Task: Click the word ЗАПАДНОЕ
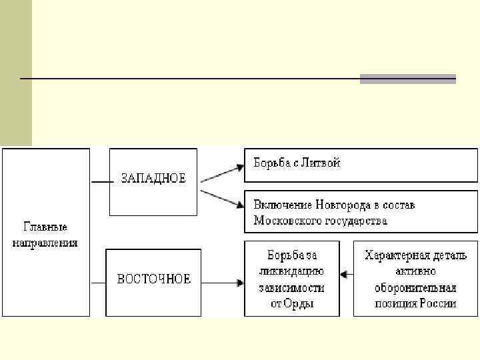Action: pos(153,178)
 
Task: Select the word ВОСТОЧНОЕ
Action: pos(154,279)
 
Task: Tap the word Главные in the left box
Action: pos(45,227)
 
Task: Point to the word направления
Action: pos(45,243)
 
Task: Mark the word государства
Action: pos(354,220)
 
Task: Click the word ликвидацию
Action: pos(292,271)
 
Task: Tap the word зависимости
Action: pos(292,287)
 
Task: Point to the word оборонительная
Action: pos(415,287)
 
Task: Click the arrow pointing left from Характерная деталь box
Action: pos(346,273)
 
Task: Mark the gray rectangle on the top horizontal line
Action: pos(407,79)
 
